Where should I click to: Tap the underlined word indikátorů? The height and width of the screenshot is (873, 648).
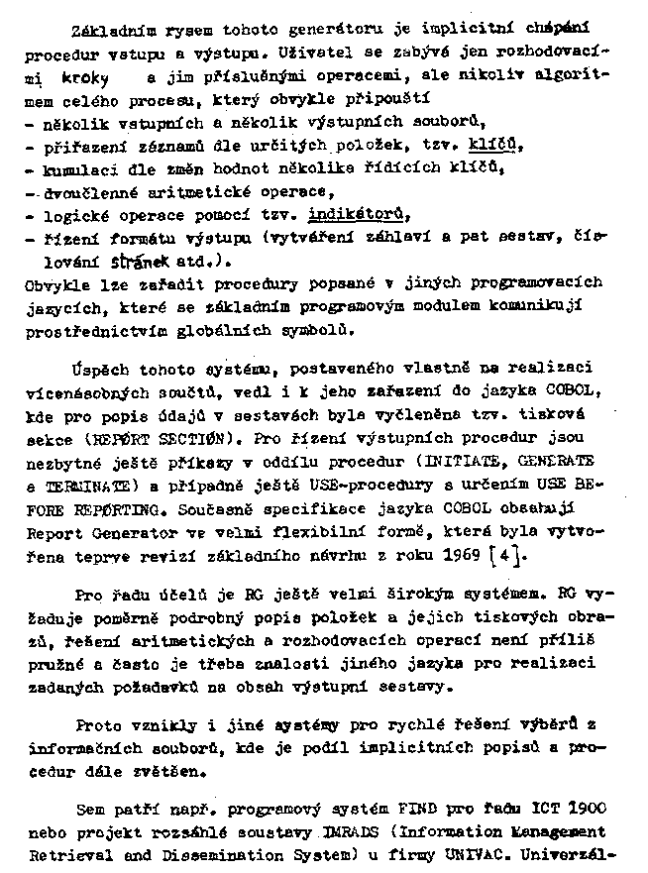coord(358,215)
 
